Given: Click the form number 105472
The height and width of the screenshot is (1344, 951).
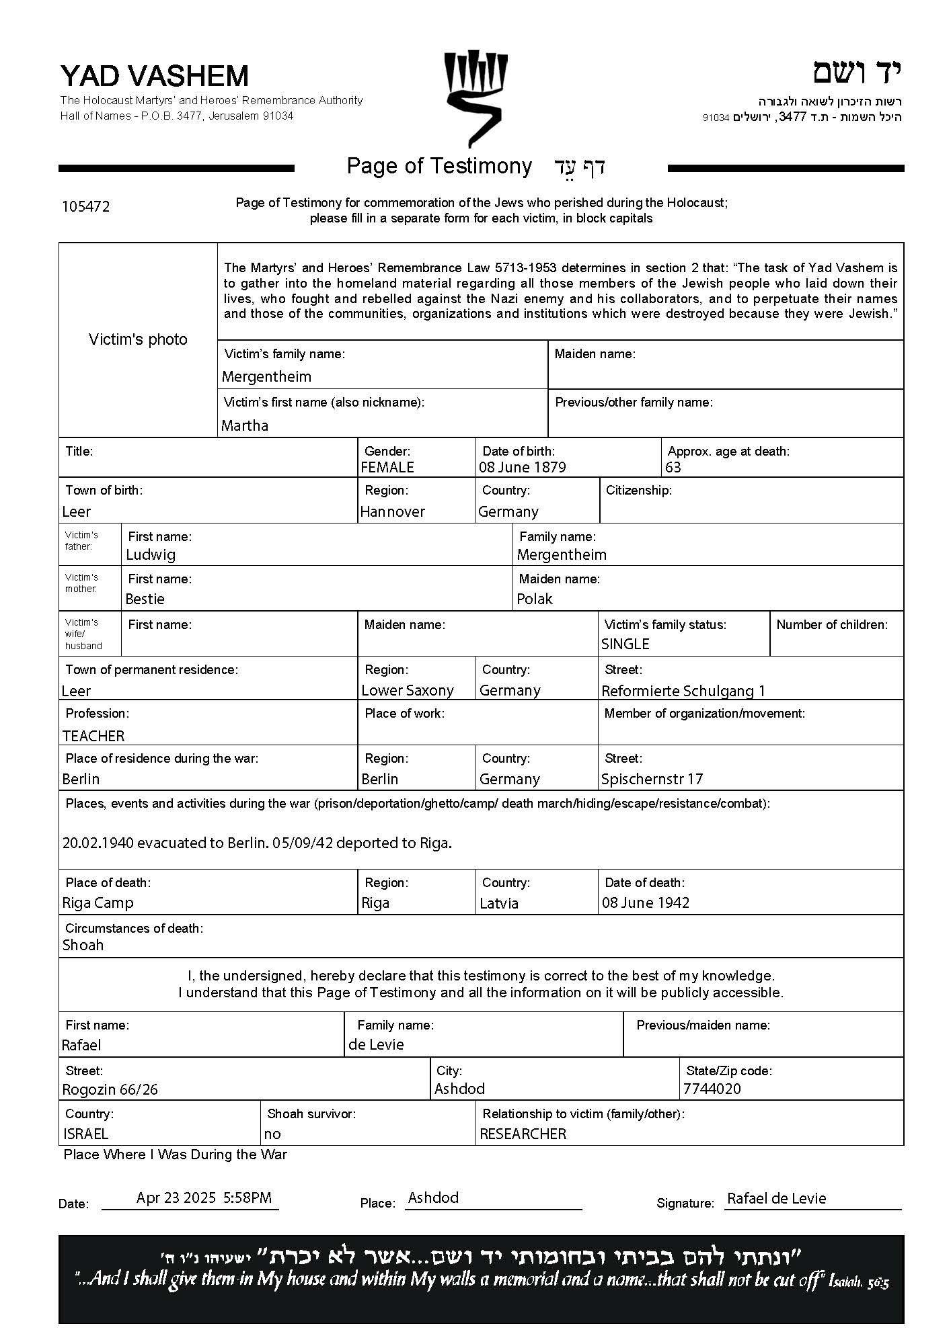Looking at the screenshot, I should pos(85,207).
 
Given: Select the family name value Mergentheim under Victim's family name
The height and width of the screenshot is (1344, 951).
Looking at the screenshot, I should pos(266,376).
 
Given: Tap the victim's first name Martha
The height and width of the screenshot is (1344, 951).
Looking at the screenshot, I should pos(245,425).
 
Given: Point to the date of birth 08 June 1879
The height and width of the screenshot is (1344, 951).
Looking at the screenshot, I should pos(523,467).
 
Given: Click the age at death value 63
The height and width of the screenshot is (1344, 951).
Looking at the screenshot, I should pos(673,467).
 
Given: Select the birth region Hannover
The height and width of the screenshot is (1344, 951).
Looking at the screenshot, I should pos(393,511).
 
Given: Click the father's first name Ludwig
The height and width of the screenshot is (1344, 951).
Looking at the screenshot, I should pos(151,554).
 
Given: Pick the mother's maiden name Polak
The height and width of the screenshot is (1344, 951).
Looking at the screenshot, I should pos(535,599).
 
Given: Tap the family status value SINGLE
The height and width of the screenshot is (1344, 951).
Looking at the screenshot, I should pos(625,644).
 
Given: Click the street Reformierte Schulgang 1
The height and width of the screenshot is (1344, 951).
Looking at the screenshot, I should pos(683,691).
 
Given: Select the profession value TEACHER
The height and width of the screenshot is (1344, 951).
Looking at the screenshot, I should pos(93,736).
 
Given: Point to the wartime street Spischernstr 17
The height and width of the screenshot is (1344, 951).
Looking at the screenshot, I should pos(652,779).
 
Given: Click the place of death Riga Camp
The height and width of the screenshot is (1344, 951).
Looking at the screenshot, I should pos(98,902).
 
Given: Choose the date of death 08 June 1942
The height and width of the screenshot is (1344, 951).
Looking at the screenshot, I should pos(646,902).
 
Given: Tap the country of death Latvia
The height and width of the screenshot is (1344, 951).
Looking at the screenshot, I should pos(499,903).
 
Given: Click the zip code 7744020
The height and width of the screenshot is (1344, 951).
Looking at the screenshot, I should pos(712,1089).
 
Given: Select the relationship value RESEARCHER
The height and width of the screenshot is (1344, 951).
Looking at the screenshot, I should pos(523,1134).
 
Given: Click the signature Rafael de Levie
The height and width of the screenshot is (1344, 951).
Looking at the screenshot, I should pos(777,1198).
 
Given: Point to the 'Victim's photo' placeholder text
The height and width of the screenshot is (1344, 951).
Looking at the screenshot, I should pos(138,339).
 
